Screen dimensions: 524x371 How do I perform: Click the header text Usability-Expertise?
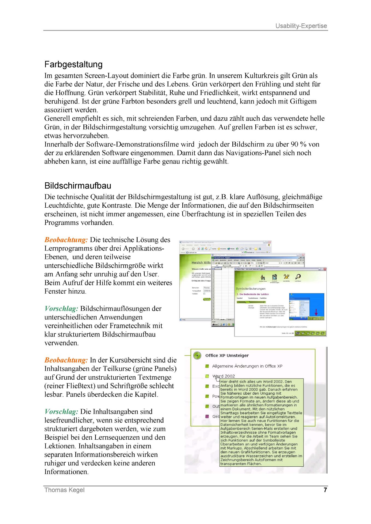pos(301,26)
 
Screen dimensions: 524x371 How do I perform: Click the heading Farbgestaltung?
pos(73,64)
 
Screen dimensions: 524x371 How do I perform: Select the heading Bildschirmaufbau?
pos(78,186)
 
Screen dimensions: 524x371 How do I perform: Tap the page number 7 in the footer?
pos(325,490)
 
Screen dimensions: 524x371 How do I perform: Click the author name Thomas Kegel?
pos(64,490)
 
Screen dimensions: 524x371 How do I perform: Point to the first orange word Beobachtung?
pos(66,240)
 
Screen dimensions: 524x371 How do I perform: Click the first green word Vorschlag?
pos(61,309)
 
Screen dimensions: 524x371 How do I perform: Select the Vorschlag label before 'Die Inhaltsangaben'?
pos(61,412)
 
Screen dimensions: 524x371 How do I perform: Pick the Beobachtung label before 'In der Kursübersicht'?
pos(66,360)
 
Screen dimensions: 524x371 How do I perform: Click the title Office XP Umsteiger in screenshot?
pos(227,356)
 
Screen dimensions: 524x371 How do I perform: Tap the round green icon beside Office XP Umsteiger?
pos(197,356)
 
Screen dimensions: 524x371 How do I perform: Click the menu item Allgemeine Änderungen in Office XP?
pos(247,366)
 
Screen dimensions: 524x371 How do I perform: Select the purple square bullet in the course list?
pos(207,416)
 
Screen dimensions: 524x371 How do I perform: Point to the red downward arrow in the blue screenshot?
pos(316,312)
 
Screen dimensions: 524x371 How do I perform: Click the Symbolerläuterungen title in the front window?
pos(250,288)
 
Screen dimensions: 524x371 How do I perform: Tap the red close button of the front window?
pos(325,269)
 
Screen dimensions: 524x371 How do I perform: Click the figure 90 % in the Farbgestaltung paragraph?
pos(299,144)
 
